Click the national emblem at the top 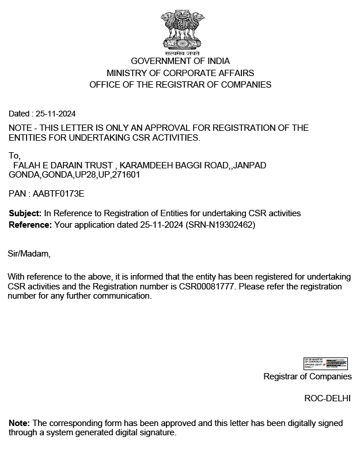180,29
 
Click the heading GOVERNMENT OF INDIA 180,61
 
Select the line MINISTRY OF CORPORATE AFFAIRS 180,73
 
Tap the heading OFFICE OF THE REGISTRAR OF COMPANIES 180,85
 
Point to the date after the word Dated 56,114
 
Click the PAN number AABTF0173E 59,194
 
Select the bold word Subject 25,213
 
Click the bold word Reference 30,224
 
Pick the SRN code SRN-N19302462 221,224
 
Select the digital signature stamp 325,363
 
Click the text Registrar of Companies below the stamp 308,376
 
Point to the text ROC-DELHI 327,398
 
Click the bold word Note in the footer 19,423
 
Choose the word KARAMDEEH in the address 145,165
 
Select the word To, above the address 14,156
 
